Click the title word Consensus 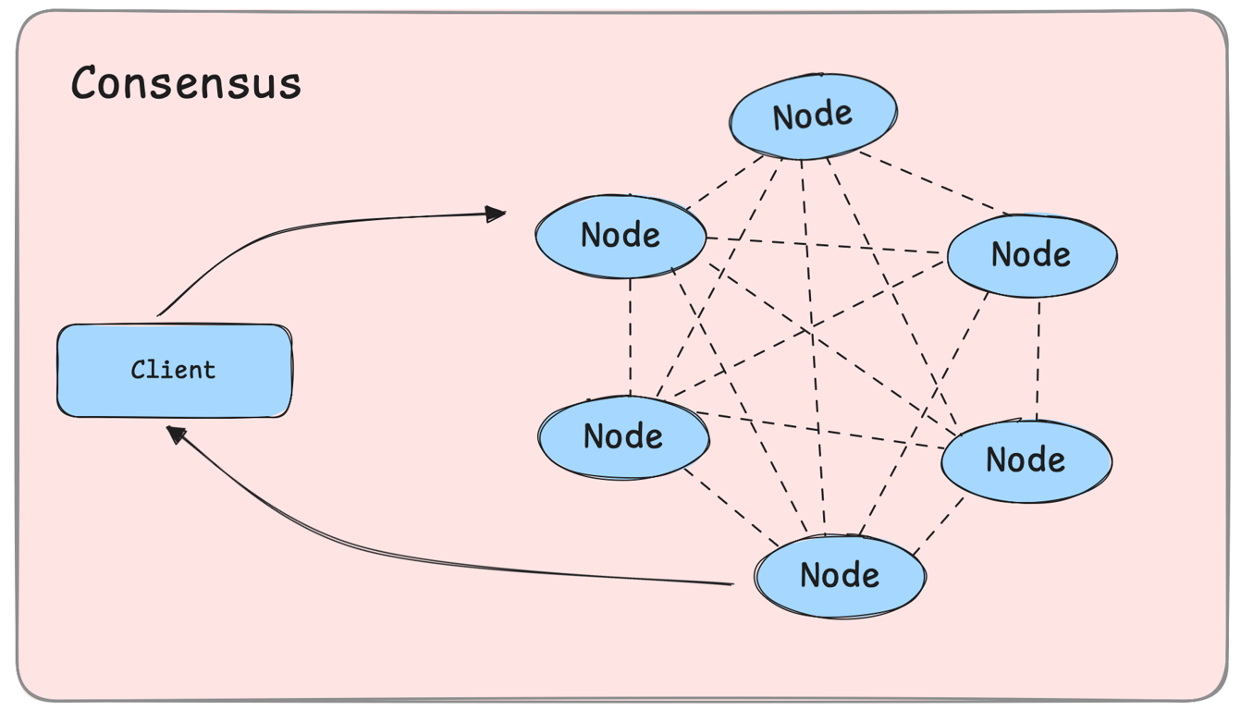(x=186, y=83)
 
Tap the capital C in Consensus (x=86, y=83)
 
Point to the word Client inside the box (x=173, y=370)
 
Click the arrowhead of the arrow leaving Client (x=498, y=214)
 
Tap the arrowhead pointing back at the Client (x=176, y=434)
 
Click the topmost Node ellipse (x=813, y=116)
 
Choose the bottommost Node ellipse (x=840, y=575)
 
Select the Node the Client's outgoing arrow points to (x=620, y=236)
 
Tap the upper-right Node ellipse (x=1031, y=254)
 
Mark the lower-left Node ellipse (x=623, y=436)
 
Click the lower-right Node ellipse (x=1026, y=459)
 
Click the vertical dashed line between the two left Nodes (x=630, y=337)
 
